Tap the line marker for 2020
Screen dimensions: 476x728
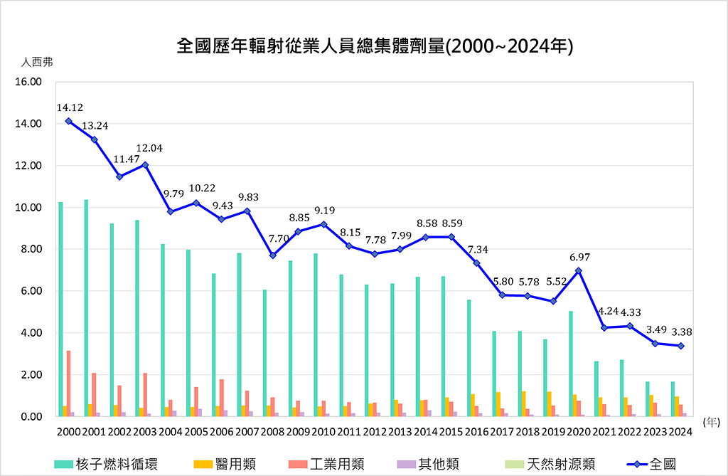(579, 270)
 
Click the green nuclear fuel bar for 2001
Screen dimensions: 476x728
(86, 307)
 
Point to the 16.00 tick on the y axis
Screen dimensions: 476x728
(28, 82)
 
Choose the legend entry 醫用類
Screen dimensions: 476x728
(228, 464)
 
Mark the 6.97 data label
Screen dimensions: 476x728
(579, 257)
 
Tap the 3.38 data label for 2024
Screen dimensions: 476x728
(681, 332)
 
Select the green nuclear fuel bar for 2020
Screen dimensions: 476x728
(571, 363)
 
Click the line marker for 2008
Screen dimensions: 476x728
(273, 255)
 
